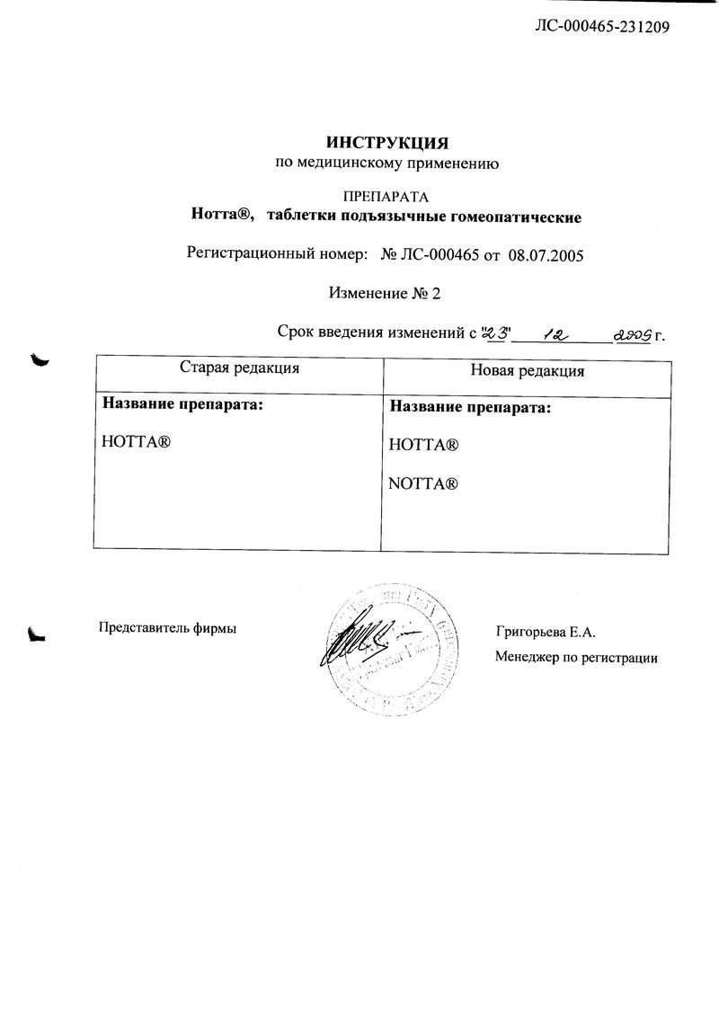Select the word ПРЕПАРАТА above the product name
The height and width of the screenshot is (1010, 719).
(x=386, y=196)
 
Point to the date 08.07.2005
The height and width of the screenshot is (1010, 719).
(x=546, y=255)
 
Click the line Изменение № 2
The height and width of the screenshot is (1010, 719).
(x=386, y=294)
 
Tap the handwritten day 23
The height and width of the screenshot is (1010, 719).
(x=497, y=333)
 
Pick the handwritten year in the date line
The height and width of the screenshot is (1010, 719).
(x=632, y=335)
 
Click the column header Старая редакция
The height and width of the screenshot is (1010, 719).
(x=239, y=368)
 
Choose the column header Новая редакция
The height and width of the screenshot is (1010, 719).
(x=528, y=369)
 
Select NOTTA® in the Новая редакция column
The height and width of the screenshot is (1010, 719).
(x=424, y=483)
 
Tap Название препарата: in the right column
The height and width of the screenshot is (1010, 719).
(x=468, y=407)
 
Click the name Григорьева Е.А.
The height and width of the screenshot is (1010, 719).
(x=546, y=633)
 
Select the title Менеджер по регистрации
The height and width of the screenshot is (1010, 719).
(x=576, y=658)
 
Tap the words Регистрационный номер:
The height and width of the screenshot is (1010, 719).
(x=277, y=255)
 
